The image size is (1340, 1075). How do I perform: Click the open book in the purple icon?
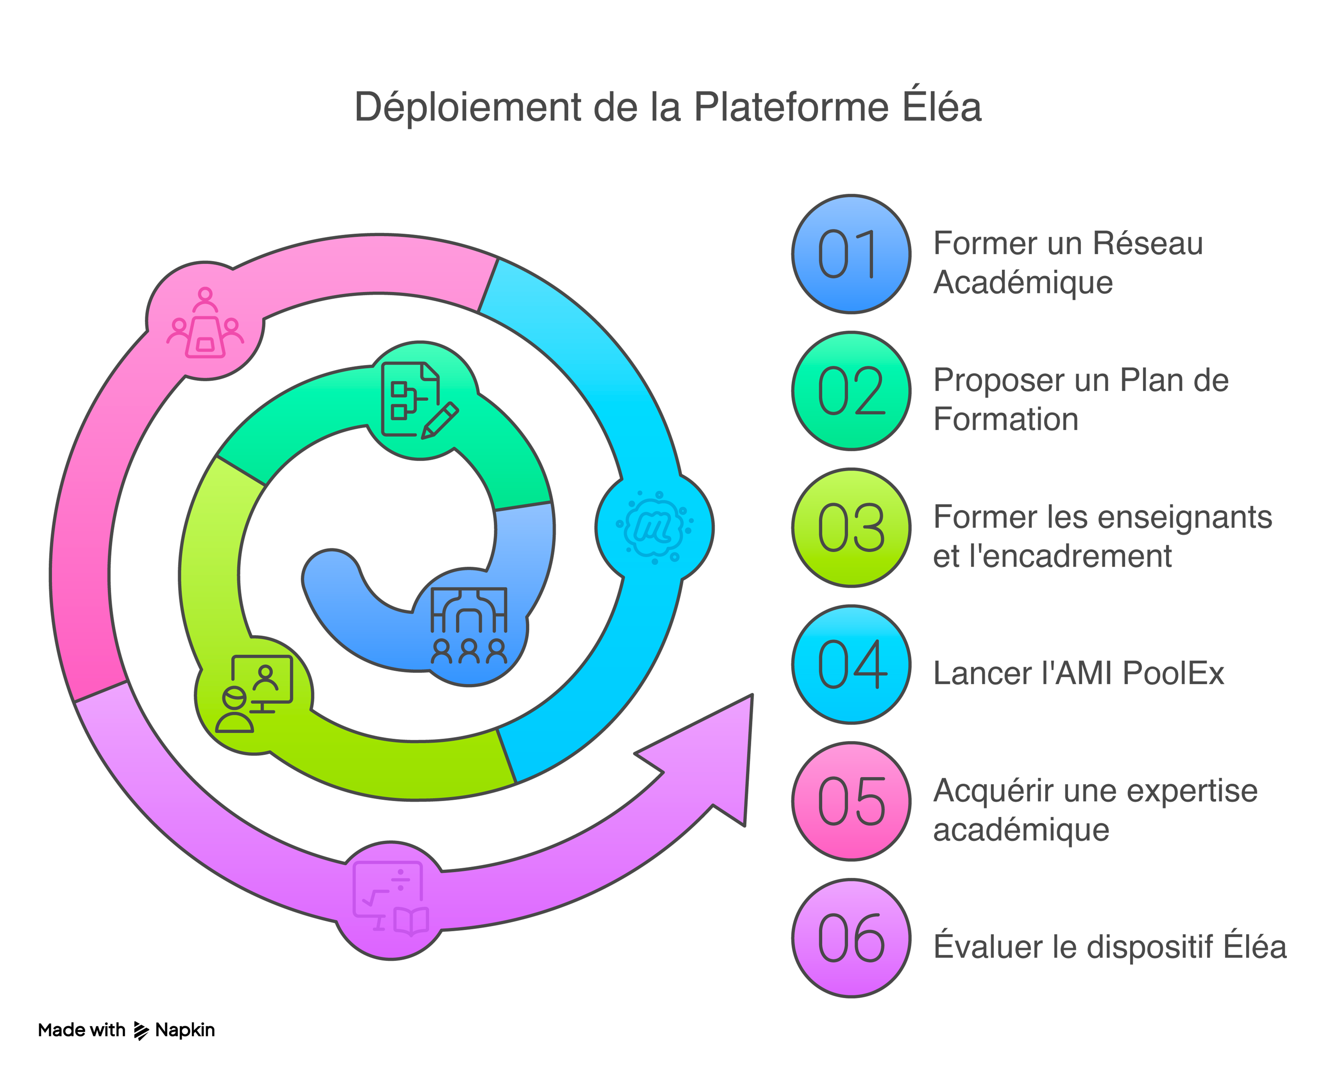click(x=411, y=920)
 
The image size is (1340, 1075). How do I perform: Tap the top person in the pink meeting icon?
click(x=205, y=298)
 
